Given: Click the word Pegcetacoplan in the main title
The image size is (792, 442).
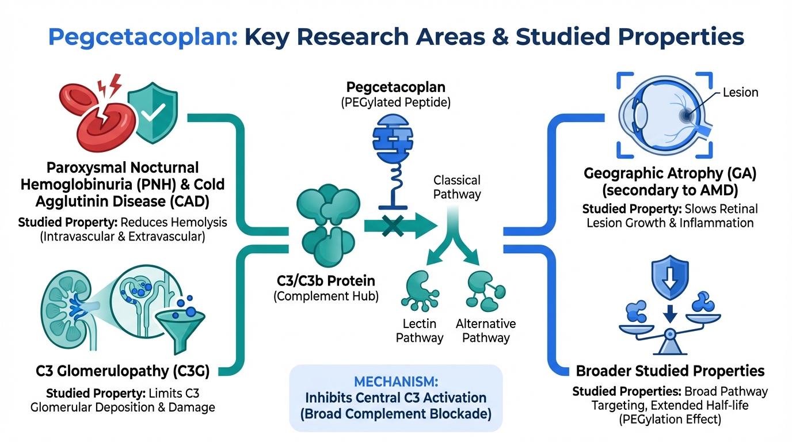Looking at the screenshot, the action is [143, 37].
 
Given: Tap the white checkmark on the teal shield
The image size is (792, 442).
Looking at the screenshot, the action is [153, 112].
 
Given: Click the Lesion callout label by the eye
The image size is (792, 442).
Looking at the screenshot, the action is [740, 92].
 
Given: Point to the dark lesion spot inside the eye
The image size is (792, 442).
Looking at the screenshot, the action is [686, 115].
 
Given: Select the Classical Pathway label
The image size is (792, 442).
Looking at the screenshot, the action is [457, 187].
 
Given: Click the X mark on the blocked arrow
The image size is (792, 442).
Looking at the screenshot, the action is [393, 226].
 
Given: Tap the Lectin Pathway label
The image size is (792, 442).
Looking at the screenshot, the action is [420, 330].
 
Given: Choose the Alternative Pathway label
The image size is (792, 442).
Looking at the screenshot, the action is [486, 330].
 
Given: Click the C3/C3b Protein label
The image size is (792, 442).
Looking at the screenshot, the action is [326, 281].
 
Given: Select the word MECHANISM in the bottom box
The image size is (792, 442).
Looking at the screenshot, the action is [396, 382].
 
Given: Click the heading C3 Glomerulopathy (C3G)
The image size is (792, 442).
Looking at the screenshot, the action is [123, 371].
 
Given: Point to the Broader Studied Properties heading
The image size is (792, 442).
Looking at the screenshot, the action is [670, 371].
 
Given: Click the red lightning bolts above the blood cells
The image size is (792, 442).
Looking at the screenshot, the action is [110, 86].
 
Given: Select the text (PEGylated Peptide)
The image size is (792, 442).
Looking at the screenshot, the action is [395, 102].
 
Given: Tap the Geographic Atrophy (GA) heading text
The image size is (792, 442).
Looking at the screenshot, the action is [670, 174].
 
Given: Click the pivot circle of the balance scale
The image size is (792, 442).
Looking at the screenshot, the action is [669, 333].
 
